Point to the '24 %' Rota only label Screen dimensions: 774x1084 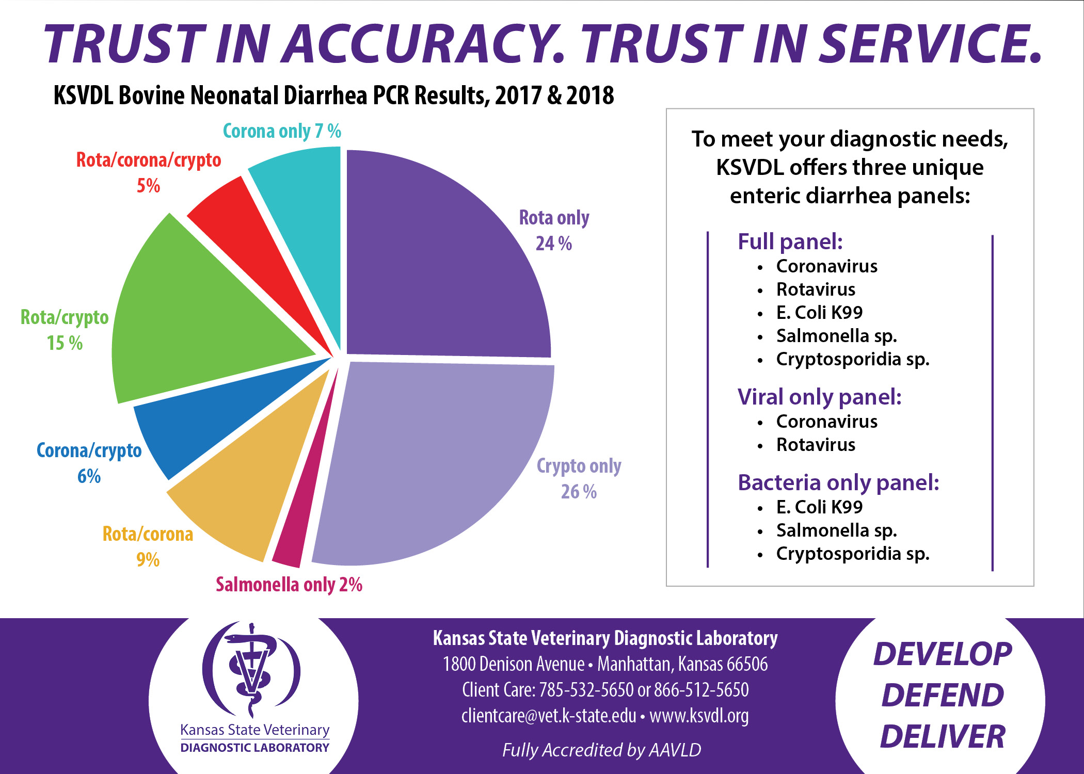pyautogui.click(x=553, y=244)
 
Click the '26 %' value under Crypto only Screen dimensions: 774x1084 pyautogui.click(x=579, y=492)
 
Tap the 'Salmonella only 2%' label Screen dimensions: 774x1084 pyautogui.click(x=289, y=585)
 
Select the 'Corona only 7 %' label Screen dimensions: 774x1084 pyautogui.click(x=282, y=131)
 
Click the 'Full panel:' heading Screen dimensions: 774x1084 pyautogui.click(x=790, y=241)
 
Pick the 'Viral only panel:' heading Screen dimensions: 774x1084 pyautogui.click(x=819, y=397)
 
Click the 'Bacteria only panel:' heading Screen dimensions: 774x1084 pyautogui.click(x=838, y=482)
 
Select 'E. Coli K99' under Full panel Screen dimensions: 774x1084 pyautogui.click(x=819, y=313)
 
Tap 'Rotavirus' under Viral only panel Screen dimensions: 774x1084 pyautogui.click(x=816, y=445)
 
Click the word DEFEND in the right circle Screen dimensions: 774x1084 pyautogui.click(x=943, y=695)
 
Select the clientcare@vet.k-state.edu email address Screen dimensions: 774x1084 pyautogui.click(x=548, y=716)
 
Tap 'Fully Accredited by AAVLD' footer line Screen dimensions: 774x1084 pyautogui.click(x=601, y=750)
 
